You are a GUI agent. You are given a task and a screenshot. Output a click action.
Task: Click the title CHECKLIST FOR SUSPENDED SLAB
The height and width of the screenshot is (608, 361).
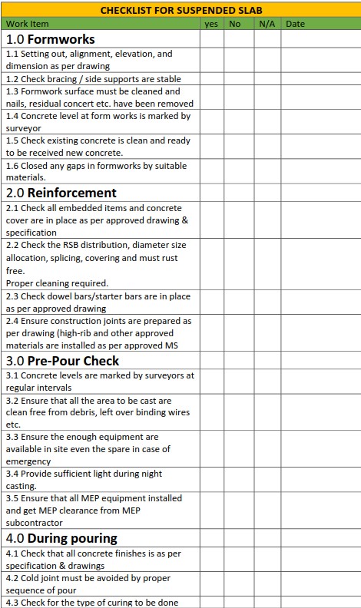[180, 11]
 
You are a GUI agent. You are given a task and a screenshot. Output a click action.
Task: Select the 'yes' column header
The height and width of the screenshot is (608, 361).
[212, 24]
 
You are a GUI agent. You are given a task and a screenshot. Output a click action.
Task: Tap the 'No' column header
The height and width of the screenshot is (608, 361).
[235, 24]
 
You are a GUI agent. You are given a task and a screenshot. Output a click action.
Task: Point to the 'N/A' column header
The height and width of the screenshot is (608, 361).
[267, 24]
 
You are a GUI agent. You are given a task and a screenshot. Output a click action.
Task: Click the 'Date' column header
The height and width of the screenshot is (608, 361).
[295, 24]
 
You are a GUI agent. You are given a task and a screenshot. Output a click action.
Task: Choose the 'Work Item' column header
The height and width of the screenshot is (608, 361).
[27, 24]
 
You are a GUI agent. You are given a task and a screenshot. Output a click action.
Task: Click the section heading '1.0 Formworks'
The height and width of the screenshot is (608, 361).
[51, 39]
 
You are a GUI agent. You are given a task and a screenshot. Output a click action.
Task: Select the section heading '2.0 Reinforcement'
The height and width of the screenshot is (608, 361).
[61, 193]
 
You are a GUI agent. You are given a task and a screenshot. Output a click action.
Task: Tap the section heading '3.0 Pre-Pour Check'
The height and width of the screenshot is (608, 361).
[62, 361]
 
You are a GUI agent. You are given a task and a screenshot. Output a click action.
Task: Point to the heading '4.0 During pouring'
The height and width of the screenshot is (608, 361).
[61, 538]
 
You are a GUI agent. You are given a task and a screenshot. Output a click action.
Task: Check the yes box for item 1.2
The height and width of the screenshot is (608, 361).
[212, 79]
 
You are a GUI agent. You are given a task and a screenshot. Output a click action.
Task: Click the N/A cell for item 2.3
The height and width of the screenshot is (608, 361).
[267, 302]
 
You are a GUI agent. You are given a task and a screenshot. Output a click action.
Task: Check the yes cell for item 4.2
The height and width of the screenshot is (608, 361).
[212, 584]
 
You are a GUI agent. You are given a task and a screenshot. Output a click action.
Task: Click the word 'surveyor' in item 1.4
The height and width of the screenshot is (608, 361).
[24, 128]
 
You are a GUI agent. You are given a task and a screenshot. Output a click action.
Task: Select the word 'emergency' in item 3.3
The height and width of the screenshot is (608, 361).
[28, 461]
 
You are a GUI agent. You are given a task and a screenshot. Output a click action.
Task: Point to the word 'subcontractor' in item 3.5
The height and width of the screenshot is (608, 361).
[35, 523]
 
